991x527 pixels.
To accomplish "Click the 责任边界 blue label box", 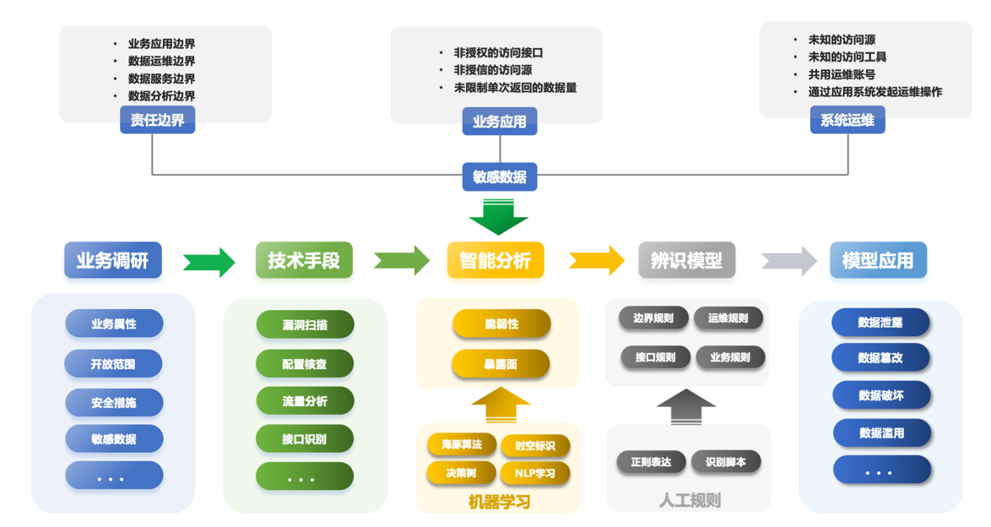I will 157,121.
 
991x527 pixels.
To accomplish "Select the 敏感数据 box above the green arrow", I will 499,177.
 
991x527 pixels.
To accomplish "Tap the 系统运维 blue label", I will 847,121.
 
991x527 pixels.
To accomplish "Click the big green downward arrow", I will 499,217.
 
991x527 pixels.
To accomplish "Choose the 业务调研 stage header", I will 112,260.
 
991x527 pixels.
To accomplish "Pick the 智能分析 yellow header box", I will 495,260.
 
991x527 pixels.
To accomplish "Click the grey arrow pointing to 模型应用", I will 789,261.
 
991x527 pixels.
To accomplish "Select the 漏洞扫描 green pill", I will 305,324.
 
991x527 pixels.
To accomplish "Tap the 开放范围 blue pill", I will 113,364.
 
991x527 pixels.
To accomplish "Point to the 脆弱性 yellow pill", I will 501,323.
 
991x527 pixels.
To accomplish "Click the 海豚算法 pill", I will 461,444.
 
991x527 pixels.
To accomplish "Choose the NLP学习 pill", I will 535,472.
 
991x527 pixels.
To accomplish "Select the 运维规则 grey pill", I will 728,318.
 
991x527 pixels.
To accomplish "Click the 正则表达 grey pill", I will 651,462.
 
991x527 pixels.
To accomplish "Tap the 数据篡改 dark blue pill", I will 880,357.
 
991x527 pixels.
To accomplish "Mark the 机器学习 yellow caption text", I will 499,502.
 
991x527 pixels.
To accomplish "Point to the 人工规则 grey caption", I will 690,501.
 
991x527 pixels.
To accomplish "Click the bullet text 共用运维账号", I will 842,74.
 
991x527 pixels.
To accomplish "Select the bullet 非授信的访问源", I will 493,70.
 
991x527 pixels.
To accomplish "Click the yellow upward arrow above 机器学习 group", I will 500,405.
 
